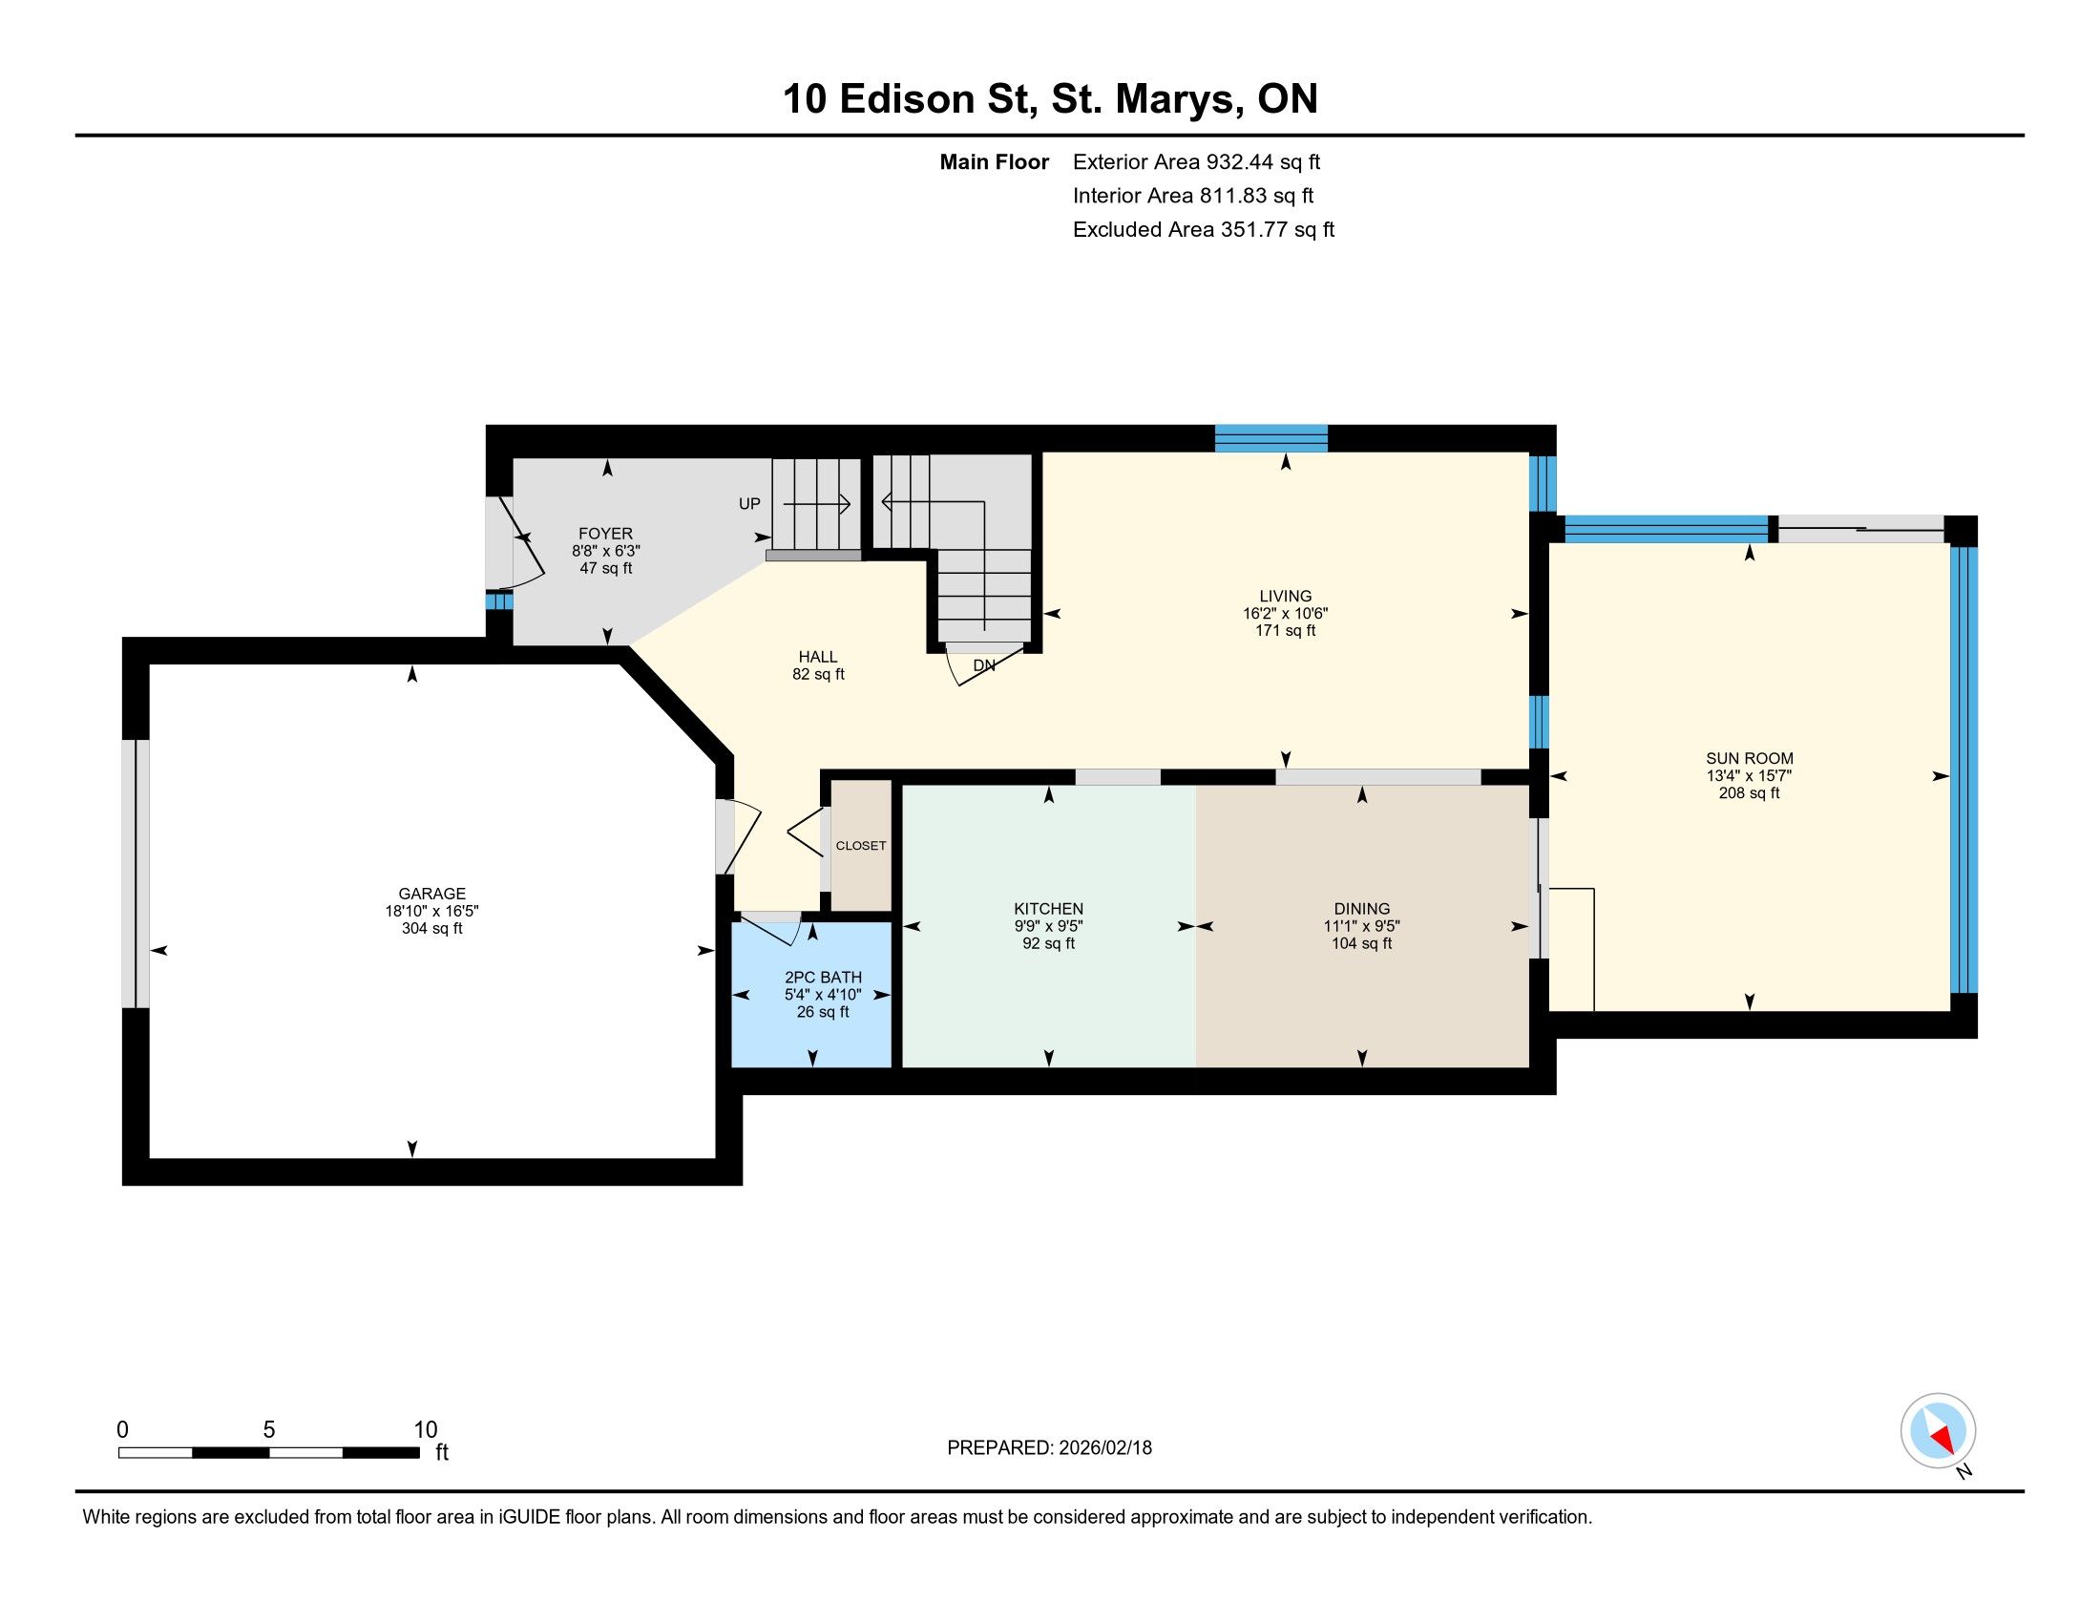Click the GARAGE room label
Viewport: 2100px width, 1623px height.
coord(431,894)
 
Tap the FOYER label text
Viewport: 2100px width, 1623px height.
coord(606,534)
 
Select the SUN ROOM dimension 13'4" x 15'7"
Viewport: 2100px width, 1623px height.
coord(1749,776)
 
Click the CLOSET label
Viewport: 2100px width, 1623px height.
coord(861,846)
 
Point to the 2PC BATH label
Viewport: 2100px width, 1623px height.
coord(823,978)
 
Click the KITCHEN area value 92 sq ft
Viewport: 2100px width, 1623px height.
coord(1048,944)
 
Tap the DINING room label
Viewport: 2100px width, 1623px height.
coord(1361,909)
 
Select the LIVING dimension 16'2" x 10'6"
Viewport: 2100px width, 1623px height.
coord(1285,614)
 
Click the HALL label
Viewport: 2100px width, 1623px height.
coord(818,657)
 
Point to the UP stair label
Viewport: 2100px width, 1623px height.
coord(749,504)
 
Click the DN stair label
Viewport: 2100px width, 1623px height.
coord(983,665)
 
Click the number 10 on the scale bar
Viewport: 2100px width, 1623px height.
coord(425,1430)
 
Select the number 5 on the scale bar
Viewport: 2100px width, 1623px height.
coord(269,1430)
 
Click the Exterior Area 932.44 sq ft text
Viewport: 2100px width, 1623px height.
coord(1196,161)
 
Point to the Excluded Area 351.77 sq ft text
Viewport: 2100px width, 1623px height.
coord(1204,230)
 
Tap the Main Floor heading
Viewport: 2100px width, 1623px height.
coord(995,161)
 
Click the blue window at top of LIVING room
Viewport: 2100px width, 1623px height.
coord(1271,438)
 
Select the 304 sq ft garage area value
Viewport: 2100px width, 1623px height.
coord(431,929)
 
